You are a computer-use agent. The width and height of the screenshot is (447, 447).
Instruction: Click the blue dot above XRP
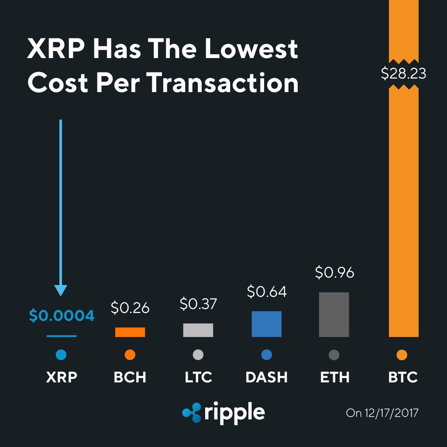61,355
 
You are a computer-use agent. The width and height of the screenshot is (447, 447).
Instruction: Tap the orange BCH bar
130,332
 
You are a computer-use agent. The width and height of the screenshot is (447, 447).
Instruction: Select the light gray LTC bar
198,330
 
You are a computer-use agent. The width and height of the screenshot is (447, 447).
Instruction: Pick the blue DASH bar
266,324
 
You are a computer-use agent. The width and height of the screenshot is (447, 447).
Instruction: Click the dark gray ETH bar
334,314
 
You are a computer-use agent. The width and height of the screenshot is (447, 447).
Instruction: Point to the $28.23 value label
403,73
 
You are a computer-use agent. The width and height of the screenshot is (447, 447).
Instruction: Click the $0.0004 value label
62,316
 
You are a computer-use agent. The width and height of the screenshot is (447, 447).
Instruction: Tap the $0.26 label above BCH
130,308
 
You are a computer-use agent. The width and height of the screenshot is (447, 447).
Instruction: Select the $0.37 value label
198,304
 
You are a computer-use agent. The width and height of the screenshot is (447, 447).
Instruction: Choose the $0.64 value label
267,292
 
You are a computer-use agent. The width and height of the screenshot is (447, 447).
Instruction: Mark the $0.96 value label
334,272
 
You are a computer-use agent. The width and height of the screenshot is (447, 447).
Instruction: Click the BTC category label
403,377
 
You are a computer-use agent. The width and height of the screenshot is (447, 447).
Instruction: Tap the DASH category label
267,377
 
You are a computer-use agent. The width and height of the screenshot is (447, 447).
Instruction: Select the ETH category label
334,377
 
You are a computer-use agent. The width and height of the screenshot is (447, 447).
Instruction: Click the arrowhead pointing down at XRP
61,290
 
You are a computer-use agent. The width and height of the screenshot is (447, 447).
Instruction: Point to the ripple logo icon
191,413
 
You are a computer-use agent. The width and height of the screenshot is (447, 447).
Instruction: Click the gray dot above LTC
198,355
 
